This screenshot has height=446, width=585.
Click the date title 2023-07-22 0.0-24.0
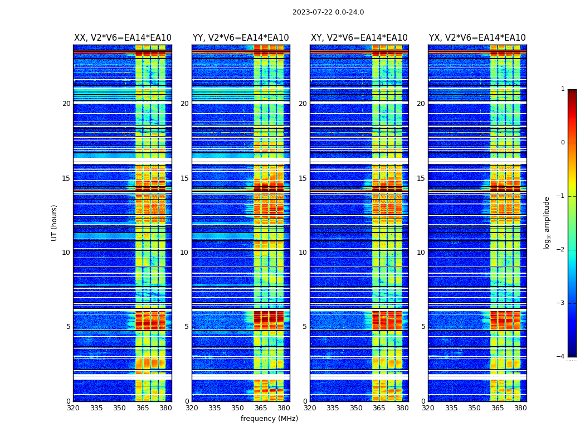[x=328, y=12]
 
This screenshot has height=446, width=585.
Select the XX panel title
[x=123, y=38]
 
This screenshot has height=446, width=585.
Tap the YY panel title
[x=241, y=38]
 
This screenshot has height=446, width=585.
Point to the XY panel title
[x=359, y=38]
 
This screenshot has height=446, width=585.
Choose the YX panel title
[x=477, y=38]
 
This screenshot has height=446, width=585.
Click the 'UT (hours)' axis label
[x=55, y=222]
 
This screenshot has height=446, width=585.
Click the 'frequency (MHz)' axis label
[x=269, y=419]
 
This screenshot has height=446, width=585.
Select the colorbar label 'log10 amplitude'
[x=547, y=222]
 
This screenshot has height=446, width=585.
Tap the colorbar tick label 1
[x=563, y=89]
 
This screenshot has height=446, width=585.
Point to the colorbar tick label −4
[x=561, y=357]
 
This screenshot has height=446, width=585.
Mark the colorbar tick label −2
[x=561, y=250]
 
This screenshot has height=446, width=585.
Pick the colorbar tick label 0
[x=563, y=143]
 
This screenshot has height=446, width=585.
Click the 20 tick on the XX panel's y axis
[x=66, y=104]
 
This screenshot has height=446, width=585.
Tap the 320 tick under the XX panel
[x=73, y=408]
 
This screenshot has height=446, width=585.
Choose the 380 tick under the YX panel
[x=520, y=408]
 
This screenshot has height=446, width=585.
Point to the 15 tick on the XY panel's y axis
[x=303, y=178]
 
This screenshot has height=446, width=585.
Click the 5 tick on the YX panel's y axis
[x=423, y=327]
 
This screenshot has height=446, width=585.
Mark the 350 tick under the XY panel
[x=356, y=408]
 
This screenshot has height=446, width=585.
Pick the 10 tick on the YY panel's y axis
[x=184, y=253]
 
